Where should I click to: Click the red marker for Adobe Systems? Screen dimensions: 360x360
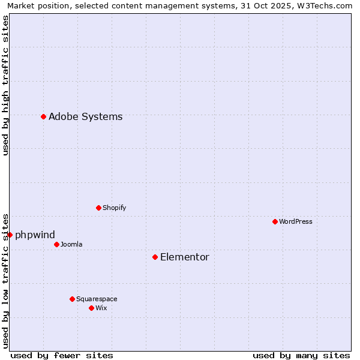click(x=44, y=116)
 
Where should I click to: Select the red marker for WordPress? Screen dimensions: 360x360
click(x=275, y=221)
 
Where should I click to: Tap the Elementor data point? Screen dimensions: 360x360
click(x=155, y=257)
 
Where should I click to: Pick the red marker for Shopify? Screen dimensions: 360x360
click(x=99, y=208)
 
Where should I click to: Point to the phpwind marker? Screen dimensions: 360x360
click(x=10, y=235)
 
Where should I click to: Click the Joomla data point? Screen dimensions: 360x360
click(x=57, y=244)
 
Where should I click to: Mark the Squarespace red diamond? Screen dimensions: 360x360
click(x=73, y=299)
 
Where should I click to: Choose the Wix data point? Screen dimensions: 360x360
click(x=92, y=308)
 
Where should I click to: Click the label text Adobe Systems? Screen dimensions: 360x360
click(x=85, y=117)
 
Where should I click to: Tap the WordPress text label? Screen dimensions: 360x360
click(x=296, y=221)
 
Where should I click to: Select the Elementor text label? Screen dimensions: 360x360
click(x=185, y=257)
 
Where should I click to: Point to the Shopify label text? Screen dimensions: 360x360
click(x=114, y=208)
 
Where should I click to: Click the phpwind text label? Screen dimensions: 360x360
click(x=35, y=235)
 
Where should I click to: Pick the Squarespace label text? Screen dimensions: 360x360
click(x=97, y=299)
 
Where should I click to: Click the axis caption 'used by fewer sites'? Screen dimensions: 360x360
click(x=62, y=355)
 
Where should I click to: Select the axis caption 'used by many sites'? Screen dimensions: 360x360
click(x=301, y=355)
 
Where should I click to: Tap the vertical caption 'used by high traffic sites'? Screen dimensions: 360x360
click(x=5, y=85)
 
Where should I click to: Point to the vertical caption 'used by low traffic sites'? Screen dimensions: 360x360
click(x=5, y=280)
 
